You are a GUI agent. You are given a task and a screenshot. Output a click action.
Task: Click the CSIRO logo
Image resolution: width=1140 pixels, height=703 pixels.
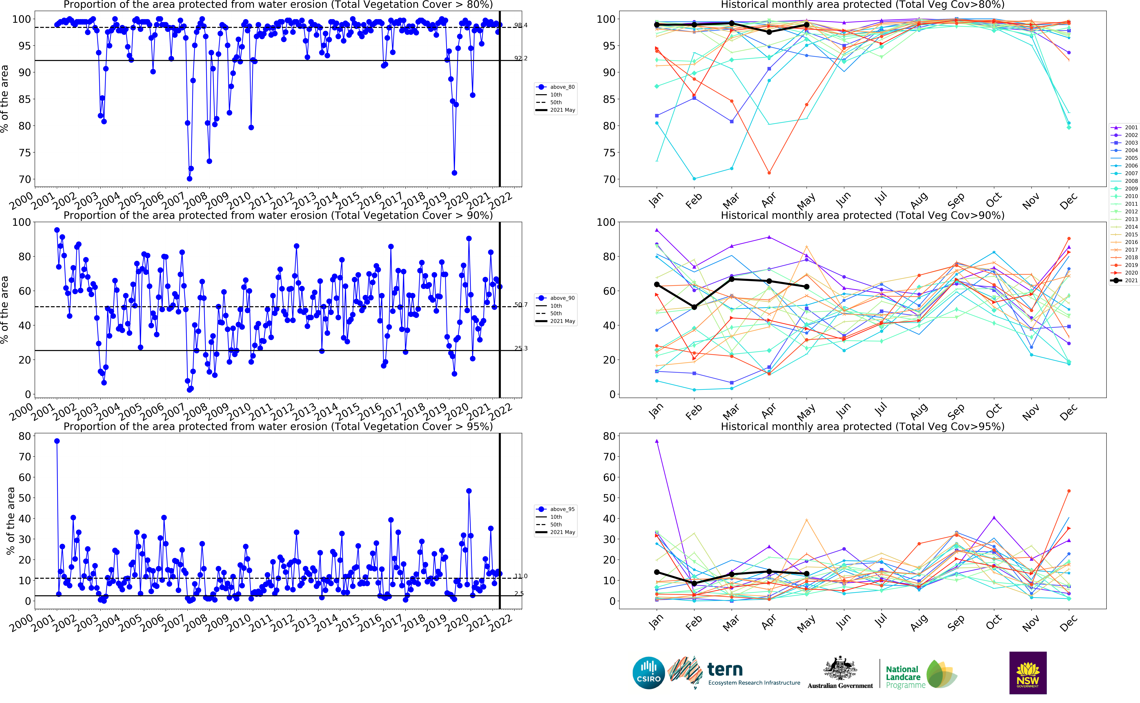pyautogui.click(x=649, y=673)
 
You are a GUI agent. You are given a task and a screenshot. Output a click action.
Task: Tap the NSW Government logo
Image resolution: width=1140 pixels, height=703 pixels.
pyautogui.click(x=1028, y=673)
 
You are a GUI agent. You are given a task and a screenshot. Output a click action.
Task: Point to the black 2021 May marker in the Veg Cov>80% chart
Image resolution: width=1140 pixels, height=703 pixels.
pyautogui.click(x=807, y=25)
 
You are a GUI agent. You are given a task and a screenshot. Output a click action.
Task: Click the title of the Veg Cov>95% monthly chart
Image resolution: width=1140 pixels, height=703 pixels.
pyautogui.click(x=862, y=426)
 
